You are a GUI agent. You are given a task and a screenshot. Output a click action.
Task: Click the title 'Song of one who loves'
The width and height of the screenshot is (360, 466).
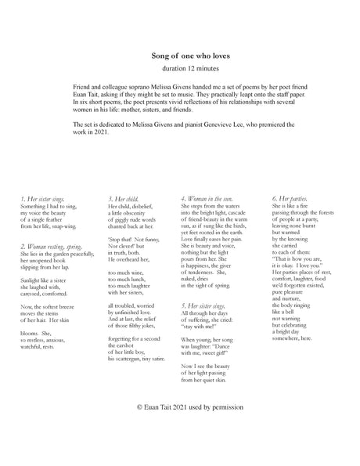[179, 56]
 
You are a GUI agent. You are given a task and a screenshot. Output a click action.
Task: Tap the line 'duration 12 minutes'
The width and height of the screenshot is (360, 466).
[179, 69]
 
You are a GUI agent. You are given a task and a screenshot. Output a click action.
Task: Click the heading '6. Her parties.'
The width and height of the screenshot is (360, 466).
[290, 199]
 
